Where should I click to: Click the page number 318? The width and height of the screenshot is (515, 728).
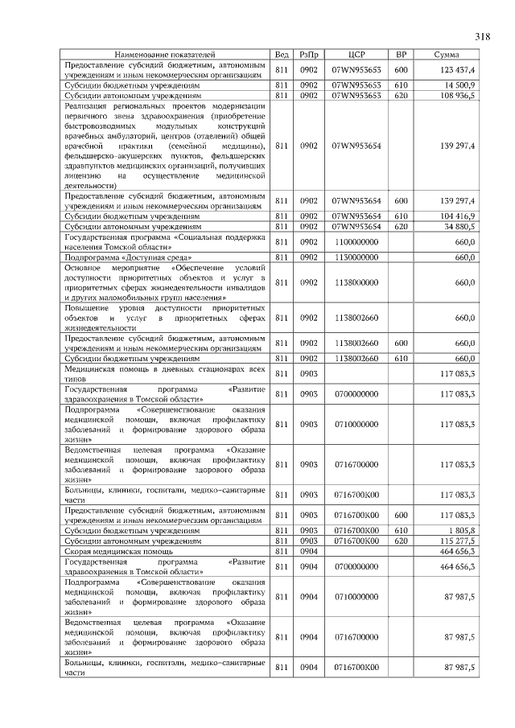click(482, 36)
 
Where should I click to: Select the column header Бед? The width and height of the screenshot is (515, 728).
click(282, 54)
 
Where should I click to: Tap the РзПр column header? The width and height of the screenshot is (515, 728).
click(309, 54)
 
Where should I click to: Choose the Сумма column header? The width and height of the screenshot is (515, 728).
click(447, 54)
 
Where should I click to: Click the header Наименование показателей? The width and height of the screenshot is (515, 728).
click(165, 54)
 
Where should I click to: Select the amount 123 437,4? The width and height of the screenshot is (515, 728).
click(458, 69)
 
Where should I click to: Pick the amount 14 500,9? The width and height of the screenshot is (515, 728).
click(462, 84)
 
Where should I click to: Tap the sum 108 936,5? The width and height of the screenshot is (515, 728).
click(458, 95)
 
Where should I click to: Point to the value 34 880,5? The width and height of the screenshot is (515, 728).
click(460, 228)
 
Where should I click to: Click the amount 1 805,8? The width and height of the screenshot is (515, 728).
click(464, 531)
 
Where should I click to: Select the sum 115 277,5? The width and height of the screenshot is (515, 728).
click(458, 541)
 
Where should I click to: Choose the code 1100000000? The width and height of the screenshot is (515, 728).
click(356, 242)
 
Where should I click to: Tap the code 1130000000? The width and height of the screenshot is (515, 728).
click(356, 257)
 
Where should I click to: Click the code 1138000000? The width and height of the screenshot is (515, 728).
click(356, 282)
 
